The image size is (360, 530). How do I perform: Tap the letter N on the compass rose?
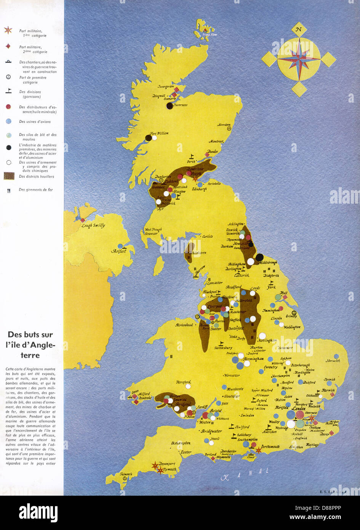(299, 30)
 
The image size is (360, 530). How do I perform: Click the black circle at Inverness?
(170, 106)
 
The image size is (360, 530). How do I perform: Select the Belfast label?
(118, 251)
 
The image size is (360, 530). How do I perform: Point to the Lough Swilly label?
(93, 225)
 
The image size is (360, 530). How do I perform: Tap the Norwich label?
(333, 360)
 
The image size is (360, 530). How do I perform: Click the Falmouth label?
(126, 474)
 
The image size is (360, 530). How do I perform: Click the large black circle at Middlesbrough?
(259, 257)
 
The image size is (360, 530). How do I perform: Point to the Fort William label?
(159, 133)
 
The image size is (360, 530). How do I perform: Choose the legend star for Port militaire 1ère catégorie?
(8, 30)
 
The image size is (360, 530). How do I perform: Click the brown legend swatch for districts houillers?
(10, 176)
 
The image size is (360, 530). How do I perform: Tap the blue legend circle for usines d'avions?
(8, 121)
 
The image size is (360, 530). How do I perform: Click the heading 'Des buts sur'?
(30, 335)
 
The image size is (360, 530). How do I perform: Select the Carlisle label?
(207, 236)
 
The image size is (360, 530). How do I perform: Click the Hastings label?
(312, 445)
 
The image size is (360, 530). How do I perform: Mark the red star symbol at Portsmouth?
(259, 450)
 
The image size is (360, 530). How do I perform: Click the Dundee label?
(213, 151)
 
